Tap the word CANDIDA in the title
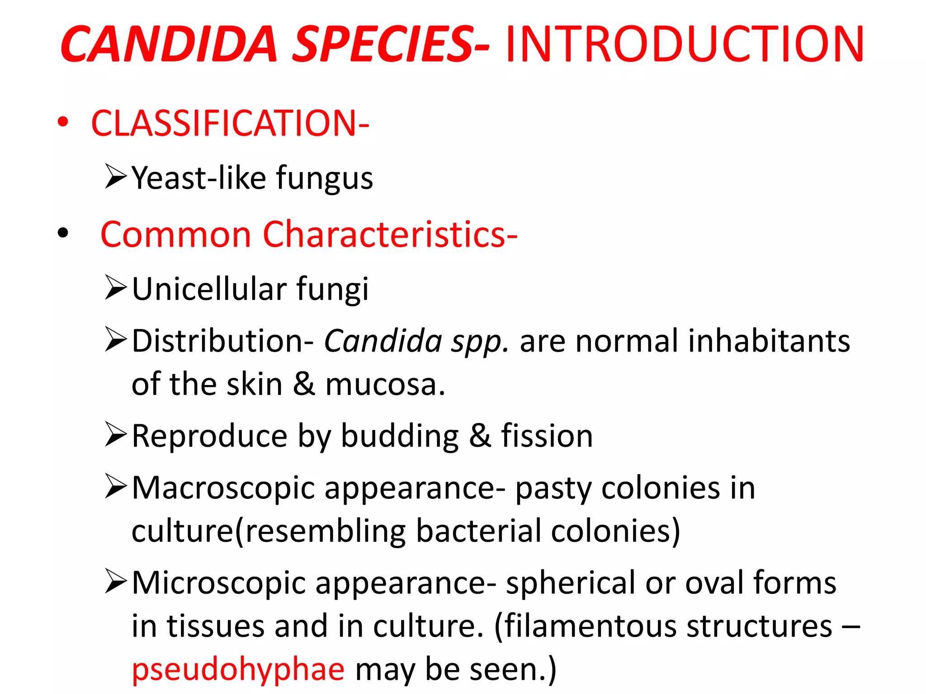click(169, 44)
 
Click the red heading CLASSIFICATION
click(230, 123)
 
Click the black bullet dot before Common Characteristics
click(63, 233)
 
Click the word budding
click(400, 436)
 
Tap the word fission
click(547, 436)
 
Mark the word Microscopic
click(219, 583)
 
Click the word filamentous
click(590, 626)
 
